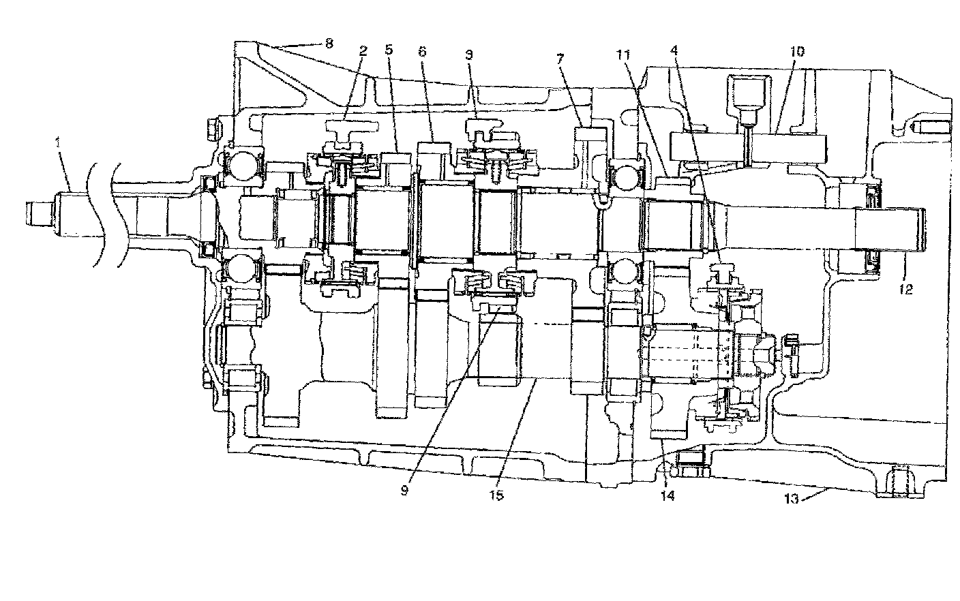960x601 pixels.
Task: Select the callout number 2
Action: pyautogui.click(x=363, y=51)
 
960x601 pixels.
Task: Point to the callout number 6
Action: pyautogui.click(x=422, y=52)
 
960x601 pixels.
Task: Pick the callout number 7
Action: pyautogui.click(x=560, y=58)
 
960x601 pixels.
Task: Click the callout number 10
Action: pyautogui.click(x=797, y=51)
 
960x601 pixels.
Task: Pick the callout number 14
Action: pyautogui.click(x=667, y=495)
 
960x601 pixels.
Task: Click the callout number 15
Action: pyautogui.click(x=496, y=495)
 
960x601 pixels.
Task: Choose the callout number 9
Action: pyautogui.click(x=404, y=489)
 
